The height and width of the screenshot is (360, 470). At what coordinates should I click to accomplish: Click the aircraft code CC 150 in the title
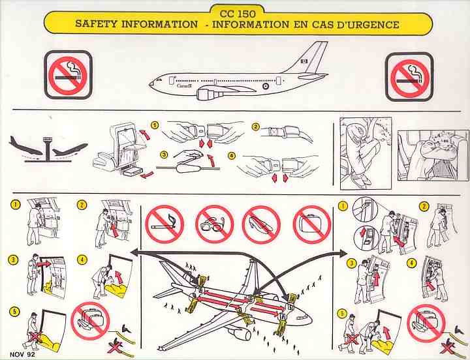click(x=238, y=12)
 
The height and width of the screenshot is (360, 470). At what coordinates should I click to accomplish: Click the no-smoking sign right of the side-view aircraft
click(x=409, y=76)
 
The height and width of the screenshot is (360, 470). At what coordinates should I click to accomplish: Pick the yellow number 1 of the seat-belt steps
click(x=155, y=125)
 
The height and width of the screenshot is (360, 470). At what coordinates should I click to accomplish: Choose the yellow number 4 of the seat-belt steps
click(x=231, y=155)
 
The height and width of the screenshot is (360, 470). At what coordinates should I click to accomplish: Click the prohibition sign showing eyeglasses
click(x=214, y=224)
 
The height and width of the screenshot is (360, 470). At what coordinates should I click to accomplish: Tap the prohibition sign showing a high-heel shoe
click(x=261, y=224)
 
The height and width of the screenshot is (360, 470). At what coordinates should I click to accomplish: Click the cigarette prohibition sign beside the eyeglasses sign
click(x=164, y=224)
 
